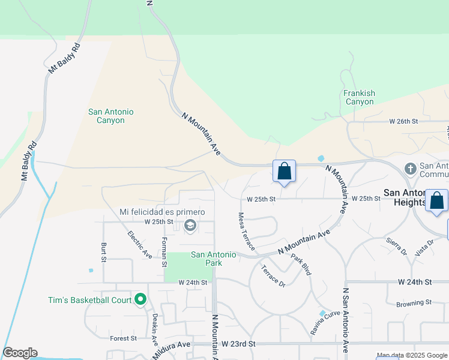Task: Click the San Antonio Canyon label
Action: point(110,116)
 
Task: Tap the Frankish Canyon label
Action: point(360,97)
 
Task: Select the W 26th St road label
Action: point(403,121)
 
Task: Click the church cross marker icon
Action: point(411,169)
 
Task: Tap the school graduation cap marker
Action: point(190,226)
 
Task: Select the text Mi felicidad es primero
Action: point(162,212)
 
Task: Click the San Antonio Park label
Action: point(214,259)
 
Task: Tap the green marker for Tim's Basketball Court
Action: point(140,298)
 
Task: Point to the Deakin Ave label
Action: point(154,329)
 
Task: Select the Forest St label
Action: point(124,338)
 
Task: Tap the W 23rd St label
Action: point(238,344)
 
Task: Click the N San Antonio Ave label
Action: point(345,320)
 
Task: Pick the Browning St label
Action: point(414,303)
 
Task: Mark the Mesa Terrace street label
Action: point(246,231)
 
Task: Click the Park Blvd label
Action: point(301,265)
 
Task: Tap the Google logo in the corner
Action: point(20,353)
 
